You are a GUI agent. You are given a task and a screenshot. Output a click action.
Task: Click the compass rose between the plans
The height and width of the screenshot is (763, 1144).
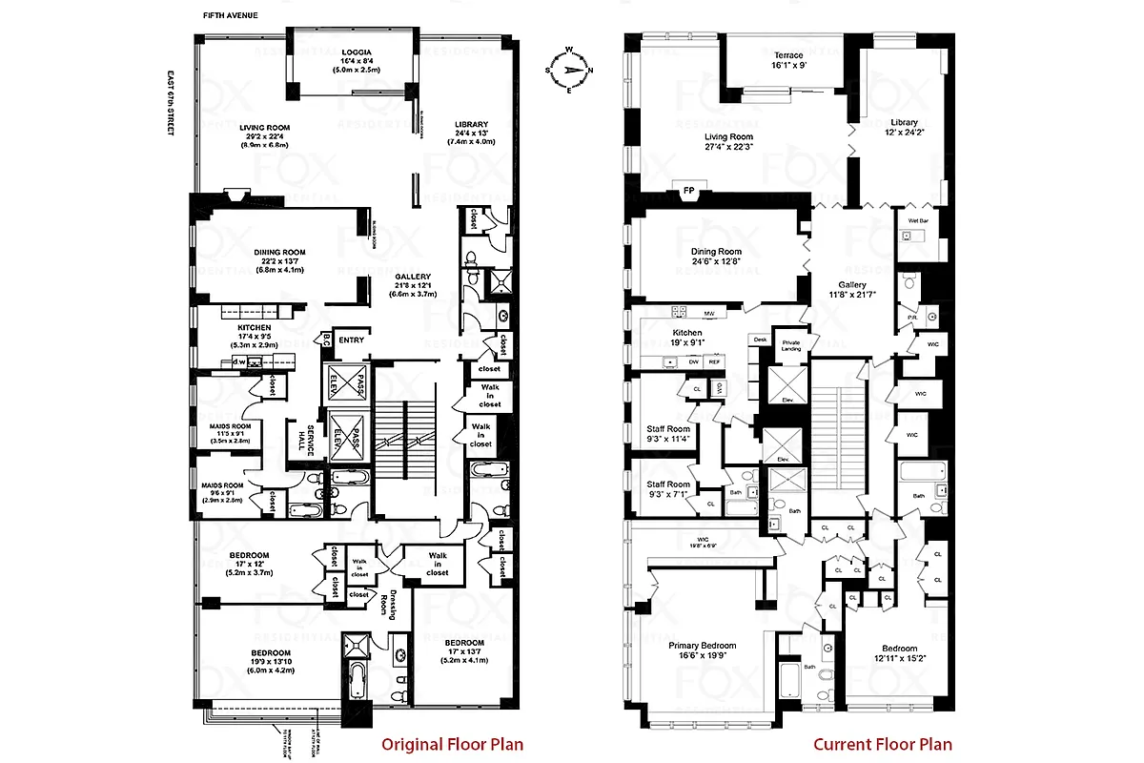[568, 70]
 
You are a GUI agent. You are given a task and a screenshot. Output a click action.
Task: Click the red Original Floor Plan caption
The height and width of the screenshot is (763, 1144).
[452, 744]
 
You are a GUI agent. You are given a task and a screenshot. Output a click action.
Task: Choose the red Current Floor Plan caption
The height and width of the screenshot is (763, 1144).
[882, 744]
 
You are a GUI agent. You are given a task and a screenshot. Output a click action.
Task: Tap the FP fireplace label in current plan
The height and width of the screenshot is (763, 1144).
[688, 191]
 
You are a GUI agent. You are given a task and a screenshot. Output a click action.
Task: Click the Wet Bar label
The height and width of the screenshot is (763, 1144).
[917, 220]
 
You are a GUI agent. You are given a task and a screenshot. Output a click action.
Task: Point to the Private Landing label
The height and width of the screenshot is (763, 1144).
[790, 344]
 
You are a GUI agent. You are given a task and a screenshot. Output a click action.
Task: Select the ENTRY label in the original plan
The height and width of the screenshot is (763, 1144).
[351, 340]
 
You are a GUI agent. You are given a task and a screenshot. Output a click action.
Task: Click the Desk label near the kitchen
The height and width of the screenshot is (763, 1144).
[760, 339]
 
